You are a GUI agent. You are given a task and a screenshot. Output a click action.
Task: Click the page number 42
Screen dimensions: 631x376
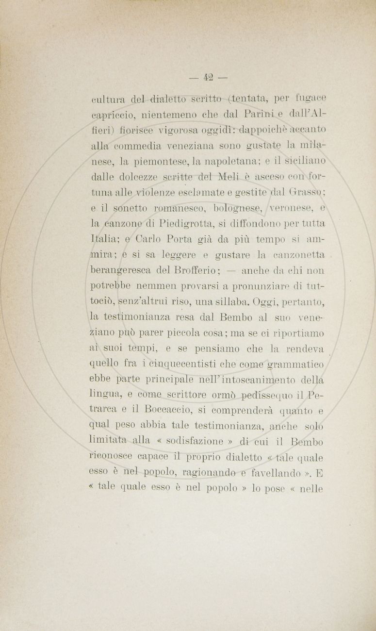click(x=209, y=77)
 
